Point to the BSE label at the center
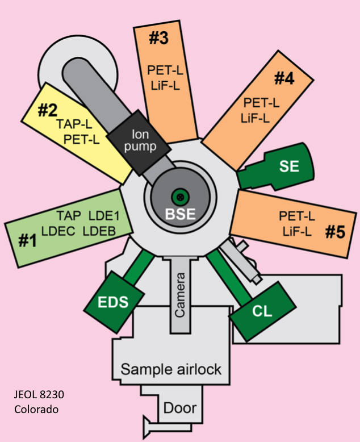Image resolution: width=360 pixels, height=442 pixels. point(180,215)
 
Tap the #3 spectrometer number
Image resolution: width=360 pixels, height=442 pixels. point(160,38)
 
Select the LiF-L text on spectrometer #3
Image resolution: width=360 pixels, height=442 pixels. point(165,85)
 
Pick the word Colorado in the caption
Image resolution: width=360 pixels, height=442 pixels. point(36,409)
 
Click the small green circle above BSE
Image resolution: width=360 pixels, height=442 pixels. point(181,197)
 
